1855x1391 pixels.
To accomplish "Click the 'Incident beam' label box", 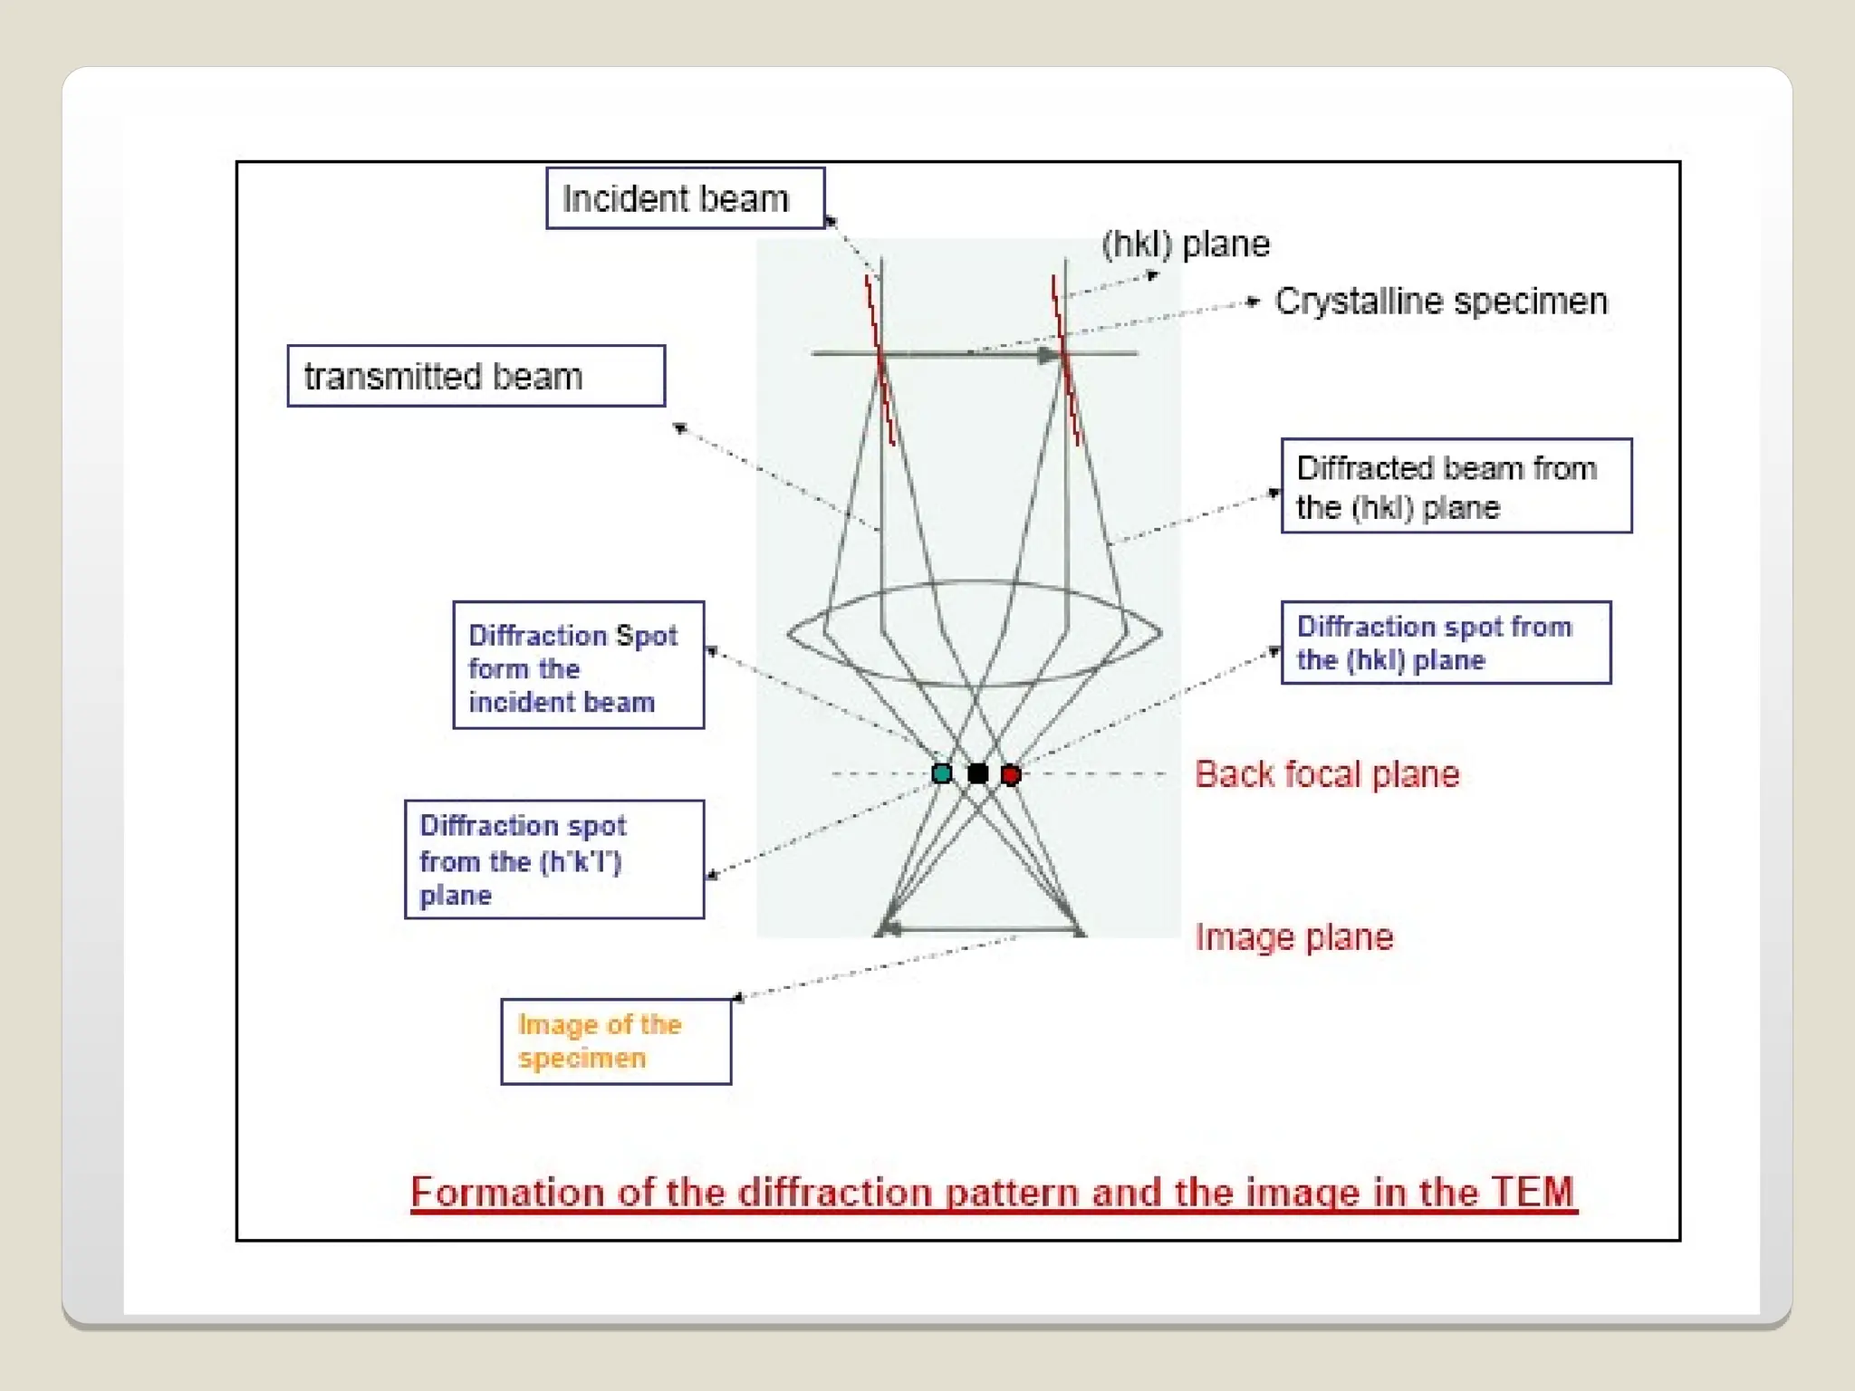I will point(685,198).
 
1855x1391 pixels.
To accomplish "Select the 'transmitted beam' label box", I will point(476,376).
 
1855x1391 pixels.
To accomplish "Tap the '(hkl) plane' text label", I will point(1186,245).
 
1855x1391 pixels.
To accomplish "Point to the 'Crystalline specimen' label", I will point(1440,302).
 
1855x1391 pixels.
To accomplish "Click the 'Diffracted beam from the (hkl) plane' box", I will point(1456,486).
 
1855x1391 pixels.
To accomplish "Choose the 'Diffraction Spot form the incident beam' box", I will point(578,666).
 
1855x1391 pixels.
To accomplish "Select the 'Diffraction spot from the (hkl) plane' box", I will point(1446,642).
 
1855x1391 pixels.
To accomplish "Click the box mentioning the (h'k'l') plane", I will point(553,859).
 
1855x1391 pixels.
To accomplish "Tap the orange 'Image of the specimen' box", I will point(616,1041).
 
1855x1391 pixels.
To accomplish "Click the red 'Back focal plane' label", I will point(1327,774).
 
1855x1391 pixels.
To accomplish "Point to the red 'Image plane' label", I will point(1293,937).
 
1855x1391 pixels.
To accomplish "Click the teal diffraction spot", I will point(942,773).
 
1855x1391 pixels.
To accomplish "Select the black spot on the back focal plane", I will point(978,773).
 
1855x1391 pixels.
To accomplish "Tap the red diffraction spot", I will point(1011,774).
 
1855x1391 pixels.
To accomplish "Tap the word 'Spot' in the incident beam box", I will point(646,636).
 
